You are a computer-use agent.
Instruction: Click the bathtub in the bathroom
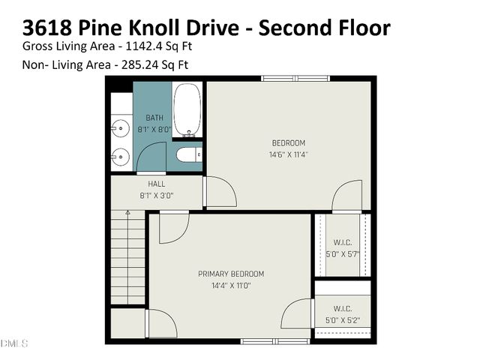coord(187,109)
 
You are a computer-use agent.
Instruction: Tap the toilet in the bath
coord(187,155)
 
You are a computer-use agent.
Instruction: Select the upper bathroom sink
coord(119,129)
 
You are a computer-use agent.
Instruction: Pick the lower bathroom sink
coord(119,157)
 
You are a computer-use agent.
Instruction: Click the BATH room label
coord(154,118)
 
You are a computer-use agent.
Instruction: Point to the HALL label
coord(157,184)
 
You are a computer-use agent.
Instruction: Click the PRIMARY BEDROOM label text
coord(231,274)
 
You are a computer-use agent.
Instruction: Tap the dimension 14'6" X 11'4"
coord(289,154)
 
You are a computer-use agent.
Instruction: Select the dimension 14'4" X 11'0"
coord(231,286)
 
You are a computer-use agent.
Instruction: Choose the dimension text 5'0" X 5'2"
coord(342,320)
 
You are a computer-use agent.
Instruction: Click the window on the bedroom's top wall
coord(295,78)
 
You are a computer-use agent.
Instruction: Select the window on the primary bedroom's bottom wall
coord(275,341)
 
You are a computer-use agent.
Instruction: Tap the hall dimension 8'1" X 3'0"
coord(157,196)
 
